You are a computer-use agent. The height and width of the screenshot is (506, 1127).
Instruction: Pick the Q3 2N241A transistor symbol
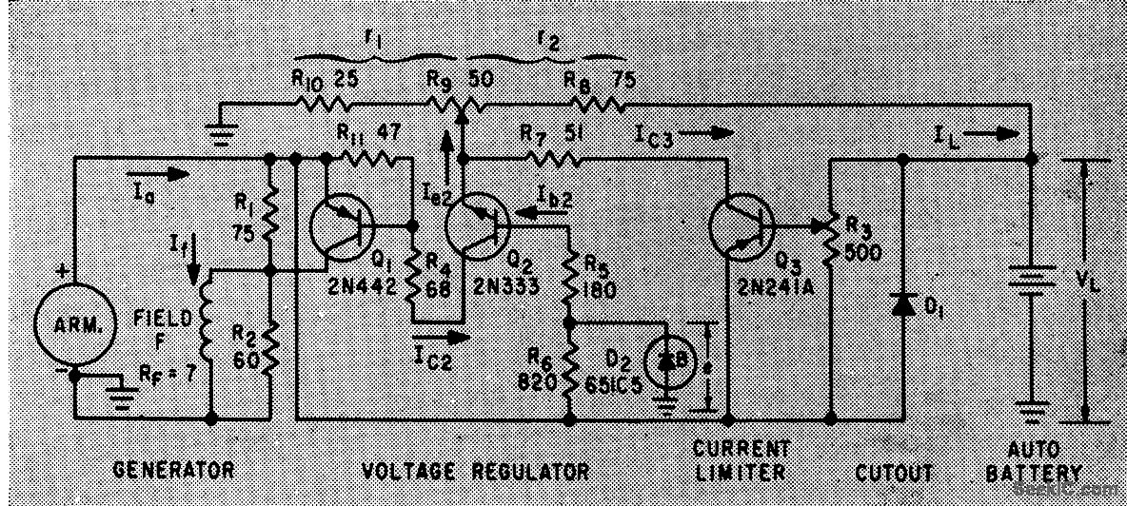pos(741,227)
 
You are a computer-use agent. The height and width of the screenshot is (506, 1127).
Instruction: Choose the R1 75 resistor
pos(270,214)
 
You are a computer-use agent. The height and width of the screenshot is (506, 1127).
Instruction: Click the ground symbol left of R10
pos(222,128)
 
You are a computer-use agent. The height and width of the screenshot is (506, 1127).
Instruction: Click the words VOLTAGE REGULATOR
pos(475,471)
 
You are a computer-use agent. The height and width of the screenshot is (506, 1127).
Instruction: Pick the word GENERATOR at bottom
pos(172,470)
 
